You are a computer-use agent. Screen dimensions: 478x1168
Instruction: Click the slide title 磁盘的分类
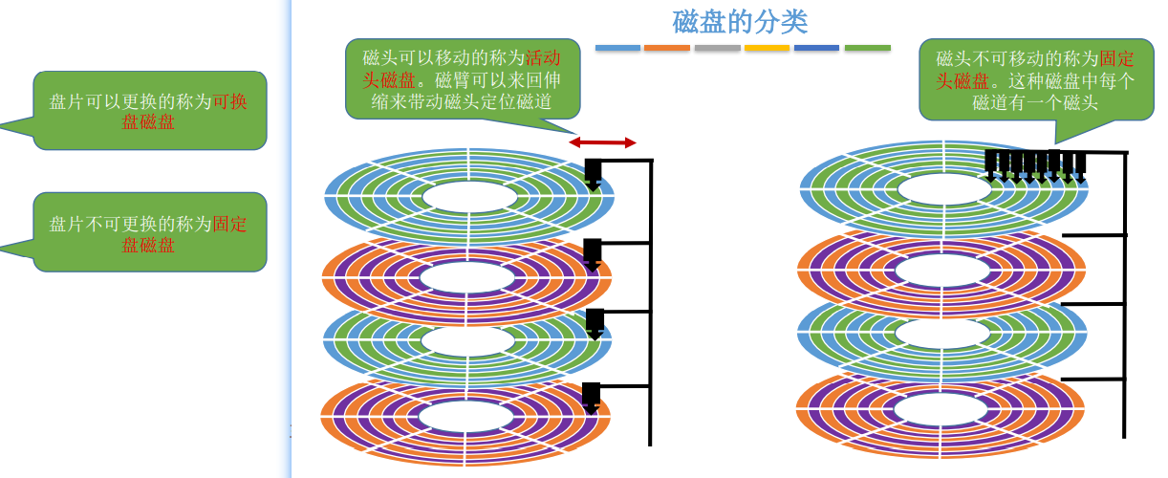742,20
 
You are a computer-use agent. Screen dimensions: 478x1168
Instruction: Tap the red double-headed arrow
602,142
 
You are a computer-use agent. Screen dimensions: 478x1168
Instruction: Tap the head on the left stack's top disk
593,174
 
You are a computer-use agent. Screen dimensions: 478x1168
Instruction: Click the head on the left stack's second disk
593,253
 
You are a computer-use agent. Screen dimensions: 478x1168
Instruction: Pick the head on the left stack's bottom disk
592,397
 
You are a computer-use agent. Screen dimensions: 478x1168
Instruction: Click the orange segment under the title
667,47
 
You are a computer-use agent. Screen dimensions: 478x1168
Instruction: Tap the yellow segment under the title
767,47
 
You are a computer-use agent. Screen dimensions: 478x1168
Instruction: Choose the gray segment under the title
717,47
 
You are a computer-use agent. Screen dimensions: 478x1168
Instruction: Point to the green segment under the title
867,47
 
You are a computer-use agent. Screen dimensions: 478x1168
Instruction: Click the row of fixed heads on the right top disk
1035,163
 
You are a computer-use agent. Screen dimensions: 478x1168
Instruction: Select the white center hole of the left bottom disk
466,416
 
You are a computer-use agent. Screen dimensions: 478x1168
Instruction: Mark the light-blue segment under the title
617,47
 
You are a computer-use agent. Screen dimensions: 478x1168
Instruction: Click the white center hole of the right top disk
942,187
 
